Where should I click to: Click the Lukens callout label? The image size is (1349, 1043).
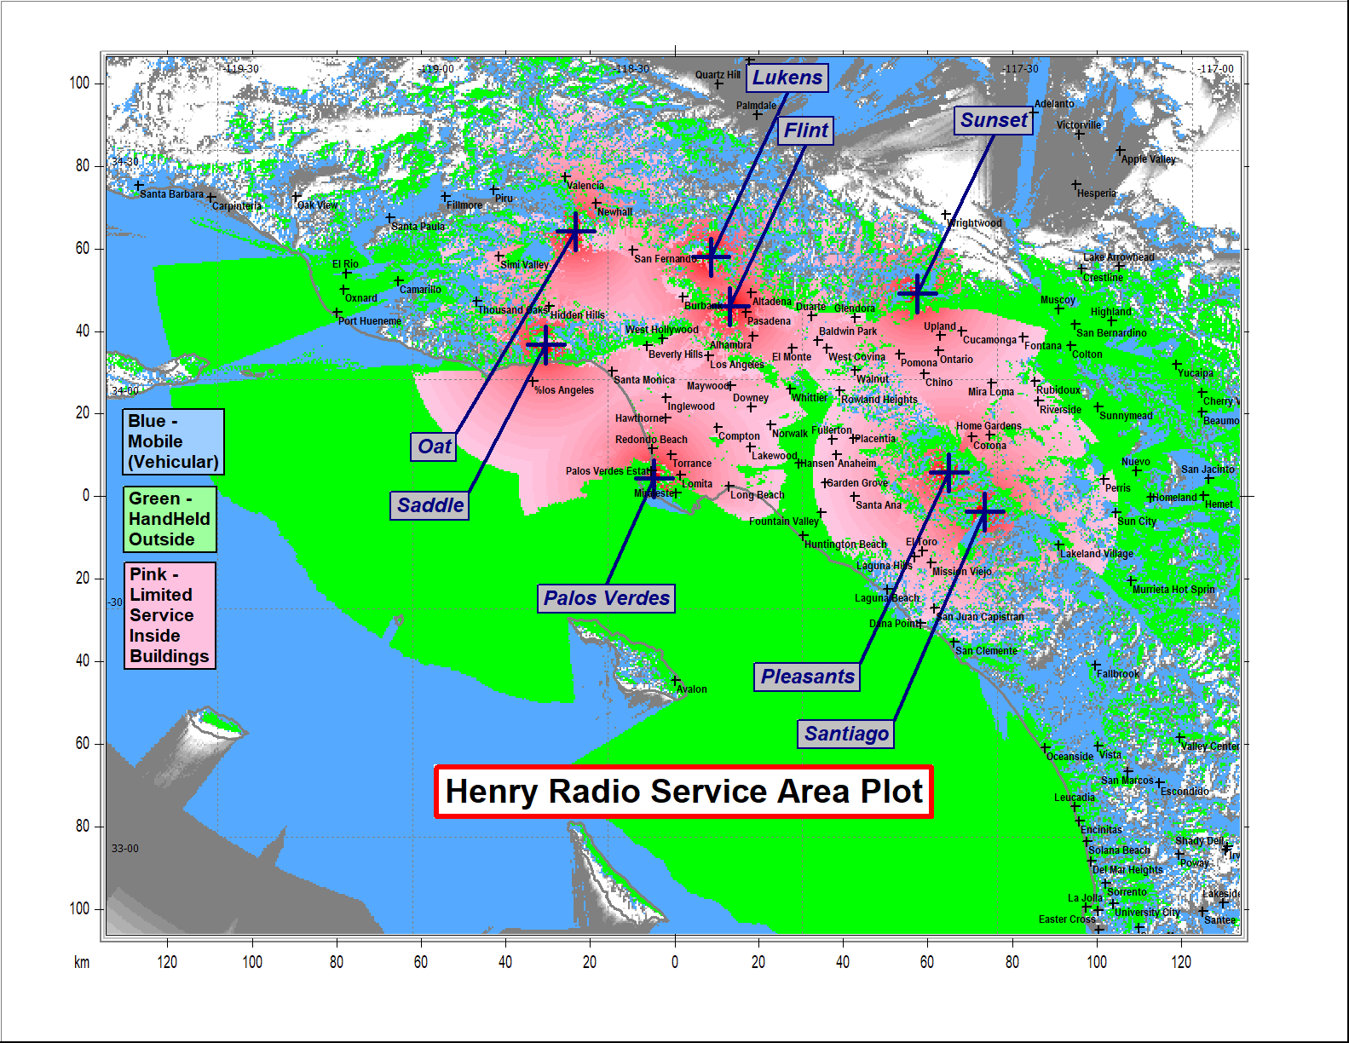tap(787, 78)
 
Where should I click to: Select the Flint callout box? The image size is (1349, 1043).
tap(805, 130)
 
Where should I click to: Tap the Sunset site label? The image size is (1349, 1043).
tap(994, 120)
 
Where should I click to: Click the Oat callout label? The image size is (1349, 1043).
tap(434, 447)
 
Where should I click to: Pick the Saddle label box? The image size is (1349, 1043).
tap(430, 505)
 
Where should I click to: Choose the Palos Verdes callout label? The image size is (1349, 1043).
tap(607, 598)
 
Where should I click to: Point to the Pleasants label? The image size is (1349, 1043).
tap(807, 677)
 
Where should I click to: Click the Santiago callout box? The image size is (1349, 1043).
tap(846, 734)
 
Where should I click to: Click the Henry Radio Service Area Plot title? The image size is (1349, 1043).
tap(683, 792)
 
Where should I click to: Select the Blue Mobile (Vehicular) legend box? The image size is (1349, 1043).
tap(174, 441)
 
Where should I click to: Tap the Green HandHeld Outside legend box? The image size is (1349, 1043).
tap(170, 519)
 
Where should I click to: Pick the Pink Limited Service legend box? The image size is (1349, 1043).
tap(170, 615)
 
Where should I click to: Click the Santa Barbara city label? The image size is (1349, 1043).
tap(171, 194)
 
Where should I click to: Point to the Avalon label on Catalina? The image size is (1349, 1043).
tap(692, 689)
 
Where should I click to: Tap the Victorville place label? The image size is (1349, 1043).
tap(1079, 125)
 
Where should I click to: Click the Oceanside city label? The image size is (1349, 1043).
tap(1069, 757)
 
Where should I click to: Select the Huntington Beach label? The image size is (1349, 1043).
tap(845, 545)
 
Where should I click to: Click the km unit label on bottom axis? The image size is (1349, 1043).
tap(82, 963)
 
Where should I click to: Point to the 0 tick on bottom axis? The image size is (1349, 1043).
tap(675, 962)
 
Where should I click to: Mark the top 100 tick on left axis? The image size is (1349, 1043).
tap(79, 84)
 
